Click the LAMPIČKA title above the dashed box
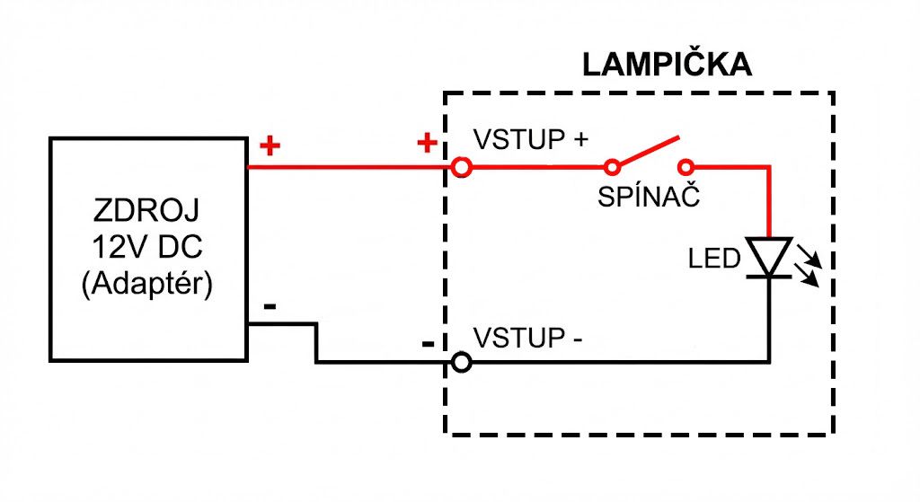(666, 66)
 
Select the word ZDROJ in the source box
(146, 213)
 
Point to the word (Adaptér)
(146, 285)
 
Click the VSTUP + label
(531, 140)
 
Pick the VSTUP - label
(528, 339)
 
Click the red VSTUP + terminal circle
(461, 166)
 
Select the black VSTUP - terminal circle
(461, 363)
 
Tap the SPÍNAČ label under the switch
(648, 197)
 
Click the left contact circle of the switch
(612, 166)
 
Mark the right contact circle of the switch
(686, 166)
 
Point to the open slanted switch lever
(647, 152)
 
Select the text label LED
(714, 260)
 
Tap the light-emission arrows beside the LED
(807, 268)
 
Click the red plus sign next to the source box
(269, 145)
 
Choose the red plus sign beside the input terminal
(427, 143)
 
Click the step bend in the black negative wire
(315, 345)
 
